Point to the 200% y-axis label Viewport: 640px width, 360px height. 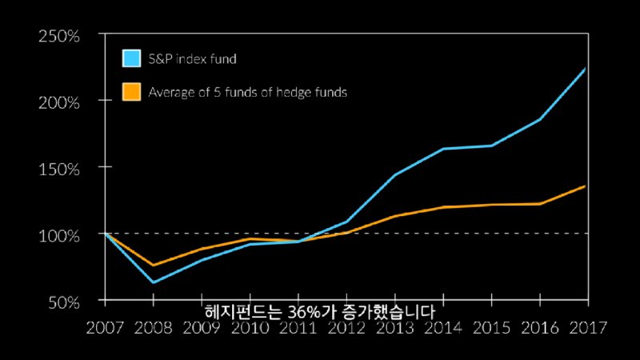pyautogui.click(x=58, y=102)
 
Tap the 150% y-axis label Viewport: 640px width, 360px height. pyautogui.click(x=58, y=169)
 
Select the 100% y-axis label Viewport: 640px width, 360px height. pyautogui.click(x=58, y=235)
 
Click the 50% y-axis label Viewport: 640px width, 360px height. pyautogui.click(x=62, y=302)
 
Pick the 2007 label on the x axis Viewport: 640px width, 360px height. pyautogui.click(x=104, y=327)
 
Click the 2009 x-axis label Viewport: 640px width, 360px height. pyautogui.click(x=202, y=327)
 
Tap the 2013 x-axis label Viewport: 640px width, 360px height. pyautogui.click(x=395, y=327)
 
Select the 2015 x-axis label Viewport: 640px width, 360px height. pyautogui.click(x=491, y=327)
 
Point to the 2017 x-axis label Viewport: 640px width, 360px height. pyautogui.click(x=588, y=327)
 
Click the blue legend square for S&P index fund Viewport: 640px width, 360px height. pyautogui.click(x=131, y=58)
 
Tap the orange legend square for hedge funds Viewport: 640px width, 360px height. pyautogui.click(x=131, y=92)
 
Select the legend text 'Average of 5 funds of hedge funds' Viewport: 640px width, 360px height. pyautogui.click(x=247, y=92)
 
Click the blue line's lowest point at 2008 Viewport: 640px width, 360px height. pyautogui.click(x=153, y=282)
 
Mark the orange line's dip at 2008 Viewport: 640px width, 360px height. pyautogui.click(x=153, y=265)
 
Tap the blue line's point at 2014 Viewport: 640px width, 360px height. pyautogui.click(x=443, y=149)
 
